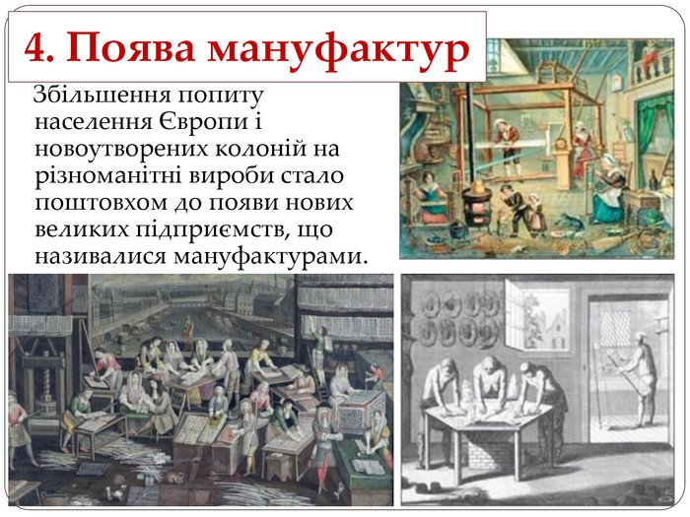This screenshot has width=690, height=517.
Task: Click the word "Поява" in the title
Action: point(131,47)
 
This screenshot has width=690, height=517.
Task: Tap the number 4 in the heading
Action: point(35,48)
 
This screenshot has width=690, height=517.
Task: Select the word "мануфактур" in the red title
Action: point(338,51)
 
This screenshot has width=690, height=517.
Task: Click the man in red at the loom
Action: point(508,146)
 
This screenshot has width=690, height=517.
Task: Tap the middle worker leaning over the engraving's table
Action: point(489,381)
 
